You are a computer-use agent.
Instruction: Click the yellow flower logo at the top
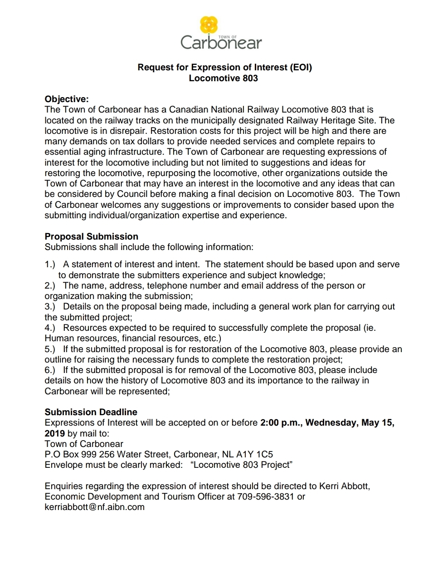209,25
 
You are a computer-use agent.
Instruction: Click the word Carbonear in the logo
221,43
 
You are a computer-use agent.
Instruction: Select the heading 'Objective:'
67,99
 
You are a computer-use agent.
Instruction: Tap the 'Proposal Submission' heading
91,236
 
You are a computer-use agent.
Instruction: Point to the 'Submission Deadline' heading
91,412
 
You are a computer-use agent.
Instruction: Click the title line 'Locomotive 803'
223,78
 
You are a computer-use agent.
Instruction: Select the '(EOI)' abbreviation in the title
301,67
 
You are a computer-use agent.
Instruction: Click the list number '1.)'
50,264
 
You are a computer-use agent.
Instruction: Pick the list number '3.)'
50,307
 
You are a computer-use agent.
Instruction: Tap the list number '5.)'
50,349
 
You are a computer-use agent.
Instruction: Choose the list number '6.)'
50,370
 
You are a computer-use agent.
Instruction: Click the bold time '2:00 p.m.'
281,423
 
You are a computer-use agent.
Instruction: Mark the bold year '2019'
54,433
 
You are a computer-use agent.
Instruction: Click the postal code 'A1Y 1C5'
254,454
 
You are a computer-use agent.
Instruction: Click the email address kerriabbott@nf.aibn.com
94,507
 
